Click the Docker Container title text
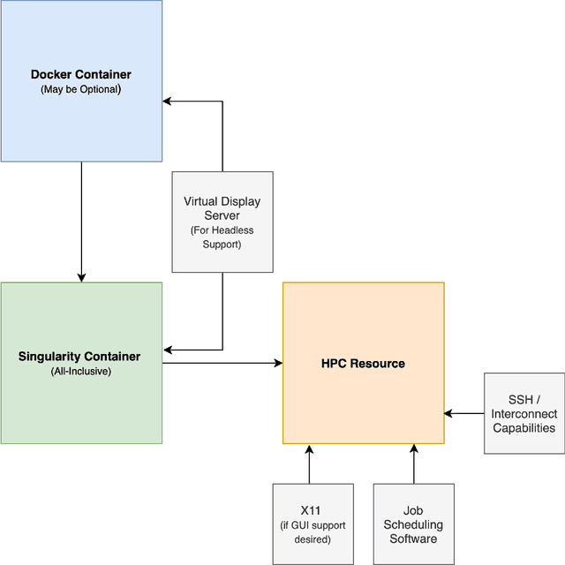[x=81, y=74]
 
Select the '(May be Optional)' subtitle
[x=81, y=89]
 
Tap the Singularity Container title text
[x=79, y=357]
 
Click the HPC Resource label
[x=363, y=364]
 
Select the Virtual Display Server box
[x=222, y=222]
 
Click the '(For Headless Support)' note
[x=222, y=237]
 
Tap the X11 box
[x=313, y=524]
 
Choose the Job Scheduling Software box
[x=413, y=524]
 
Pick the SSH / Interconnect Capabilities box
[x=524, y=413]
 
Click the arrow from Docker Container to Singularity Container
[x=81, y=221]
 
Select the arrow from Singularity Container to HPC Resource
[x=221, y=363]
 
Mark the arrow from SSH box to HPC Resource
[x=464, y=413]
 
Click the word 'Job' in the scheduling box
[x=413, y=510]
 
